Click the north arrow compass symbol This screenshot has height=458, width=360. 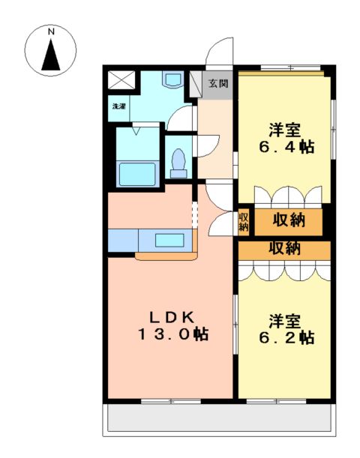point(52,54)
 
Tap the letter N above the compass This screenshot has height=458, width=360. point(52,32)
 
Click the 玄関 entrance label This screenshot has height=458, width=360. point(217,83)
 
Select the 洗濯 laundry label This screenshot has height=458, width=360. point(119,106)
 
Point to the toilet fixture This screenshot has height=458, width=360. point(178,162)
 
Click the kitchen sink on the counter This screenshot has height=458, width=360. point(172,241)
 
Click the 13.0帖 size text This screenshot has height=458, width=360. point(172,334)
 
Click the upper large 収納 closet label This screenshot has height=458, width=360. point(289,220)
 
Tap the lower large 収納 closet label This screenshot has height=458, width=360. point(284,248)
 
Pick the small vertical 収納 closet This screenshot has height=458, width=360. point(244,221)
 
